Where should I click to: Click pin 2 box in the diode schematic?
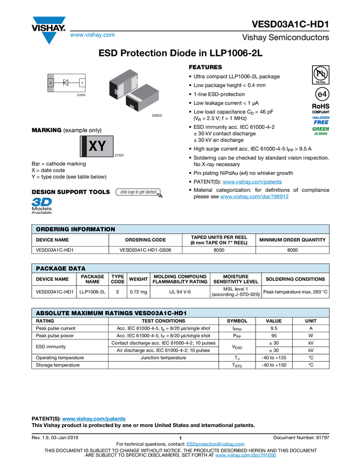click(51, 83)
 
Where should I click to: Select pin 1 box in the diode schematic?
click(82, 83)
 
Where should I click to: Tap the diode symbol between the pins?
click(66, 83)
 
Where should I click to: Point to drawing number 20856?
click(81, 95)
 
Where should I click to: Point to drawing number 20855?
click(157, 116)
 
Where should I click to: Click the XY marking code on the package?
click(97, 146)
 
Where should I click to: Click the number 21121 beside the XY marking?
click(119, 156)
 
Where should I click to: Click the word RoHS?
click(320, 106)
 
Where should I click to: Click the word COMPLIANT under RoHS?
click(320, 112)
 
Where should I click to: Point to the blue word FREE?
click(321, 122)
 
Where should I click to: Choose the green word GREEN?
click(321, 129)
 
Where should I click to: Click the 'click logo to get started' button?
click(138, 192)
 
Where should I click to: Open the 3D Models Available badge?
click(41, 205)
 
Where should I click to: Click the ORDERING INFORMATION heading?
click(75, 229)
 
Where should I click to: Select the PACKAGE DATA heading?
click(60, 269)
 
